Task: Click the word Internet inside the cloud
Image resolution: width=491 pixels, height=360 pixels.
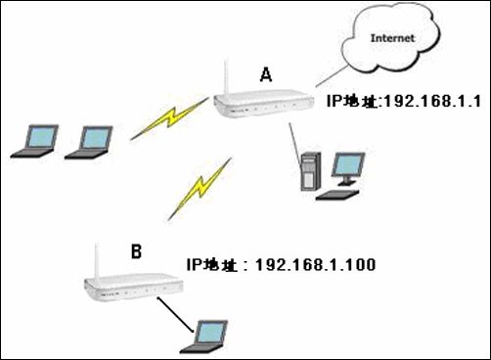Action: [392, 38]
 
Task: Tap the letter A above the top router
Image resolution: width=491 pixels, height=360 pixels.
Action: [266, 74]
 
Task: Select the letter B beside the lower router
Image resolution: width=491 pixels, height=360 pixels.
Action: [136, 251]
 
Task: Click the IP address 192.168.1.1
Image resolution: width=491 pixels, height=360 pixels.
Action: [432, 101]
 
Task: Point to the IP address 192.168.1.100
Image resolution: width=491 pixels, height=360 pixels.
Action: [316, 264]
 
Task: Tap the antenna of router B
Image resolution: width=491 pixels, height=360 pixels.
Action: [96, 261]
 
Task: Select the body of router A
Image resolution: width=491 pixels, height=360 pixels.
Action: [263, 104]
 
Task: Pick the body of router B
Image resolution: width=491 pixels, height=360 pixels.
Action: [134, 287]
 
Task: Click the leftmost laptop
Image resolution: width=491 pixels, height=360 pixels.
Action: [35, 141]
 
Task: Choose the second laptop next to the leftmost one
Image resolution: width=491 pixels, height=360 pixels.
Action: [89, 143]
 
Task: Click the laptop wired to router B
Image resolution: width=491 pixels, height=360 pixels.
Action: [204, 337]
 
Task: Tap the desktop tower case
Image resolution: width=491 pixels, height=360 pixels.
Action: [310, 171]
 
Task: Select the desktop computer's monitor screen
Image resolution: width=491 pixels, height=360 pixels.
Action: [348, 165]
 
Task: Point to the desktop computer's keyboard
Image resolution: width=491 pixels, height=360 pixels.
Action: [337, 195]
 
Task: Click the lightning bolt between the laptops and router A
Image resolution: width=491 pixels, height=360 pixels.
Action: [169, 118]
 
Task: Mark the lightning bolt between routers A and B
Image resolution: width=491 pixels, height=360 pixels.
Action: [200, 189]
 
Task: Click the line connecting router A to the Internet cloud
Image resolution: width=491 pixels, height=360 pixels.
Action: [332, 76]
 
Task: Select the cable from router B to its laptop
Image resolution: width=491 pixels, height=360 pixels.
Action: [176, 315]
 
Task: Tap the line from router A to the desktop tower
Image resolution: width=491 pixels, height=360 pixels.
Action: [294, 144]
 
